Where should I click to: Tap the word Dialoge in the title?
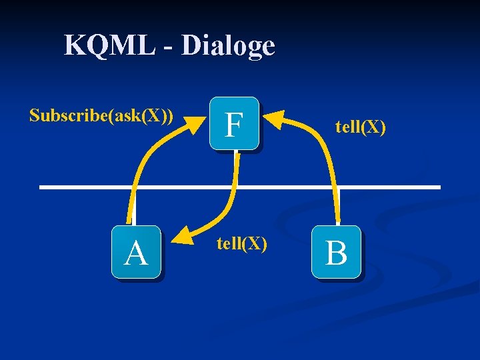click(x=228, y=45)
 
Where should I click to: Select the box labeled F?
click(x=233, y=124)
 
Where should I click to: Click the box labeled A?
click(x=136, y=252)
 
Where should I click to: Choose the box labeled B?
click(x=337, y=252)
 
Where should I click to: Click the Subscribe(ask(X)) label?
click(x=101, y=115)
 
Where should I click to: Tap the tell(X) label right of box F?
click(x=360, y=126)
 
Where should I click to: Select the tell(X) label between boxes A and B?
click(x=241, y=244)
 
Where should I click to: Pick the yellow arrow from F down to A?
click(x=230, y=200)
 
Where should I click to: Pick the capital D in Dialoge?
click(x=191, y=45)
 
